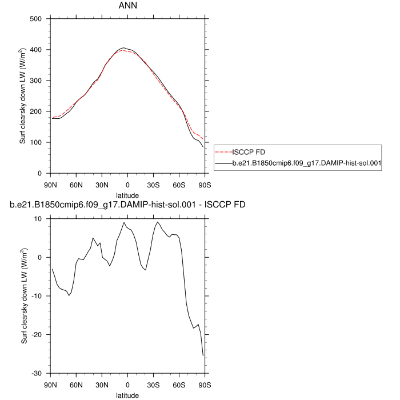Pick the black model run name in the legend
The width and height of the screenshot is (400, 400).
pyautogui.click(x=307, y=163)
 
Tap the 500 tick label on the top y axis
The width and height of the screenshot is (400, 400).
pyautogui.click(x=37, y=19)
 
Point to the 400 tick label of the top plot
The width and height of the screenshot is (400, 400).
pyautogui.click(x=37, y=50)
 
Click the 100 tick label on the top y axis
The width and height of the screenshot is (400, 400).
pyautogui.click(x=37, y=142)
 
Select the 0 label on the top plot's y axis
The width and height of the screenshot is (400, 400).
pyautogui.click(x=40, y=173)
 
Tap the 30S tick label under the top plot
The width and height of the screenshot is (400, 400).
pyautogui.click(x=153, y=184)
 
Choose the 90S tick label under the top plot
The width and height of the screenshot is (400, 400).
pyautogui.click(x=205, y=184)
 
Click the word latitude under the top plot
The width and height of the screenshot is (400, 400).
pyautogui.click(x=127, y=195)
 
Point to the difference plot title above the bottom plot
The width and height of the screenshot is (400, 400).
pyautogui.click(x=128, y=205)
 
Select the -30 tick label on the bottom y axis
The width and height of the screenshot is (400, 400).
pyautogui.click(x=37, y=373)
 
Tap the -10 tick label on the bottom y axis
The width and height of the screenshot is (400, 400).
pyautogui.click(x=37, y=296)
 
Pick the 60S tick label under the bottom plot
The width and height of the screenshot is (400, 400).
pyautogui.click(x=179, y=384)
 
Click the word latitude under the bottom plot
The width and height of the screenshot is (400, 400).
pyautogui.click(x=127, y=395)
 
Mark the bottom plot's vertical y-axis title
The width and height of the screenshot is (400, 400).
pyautogui.click(x=23, y=295)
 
